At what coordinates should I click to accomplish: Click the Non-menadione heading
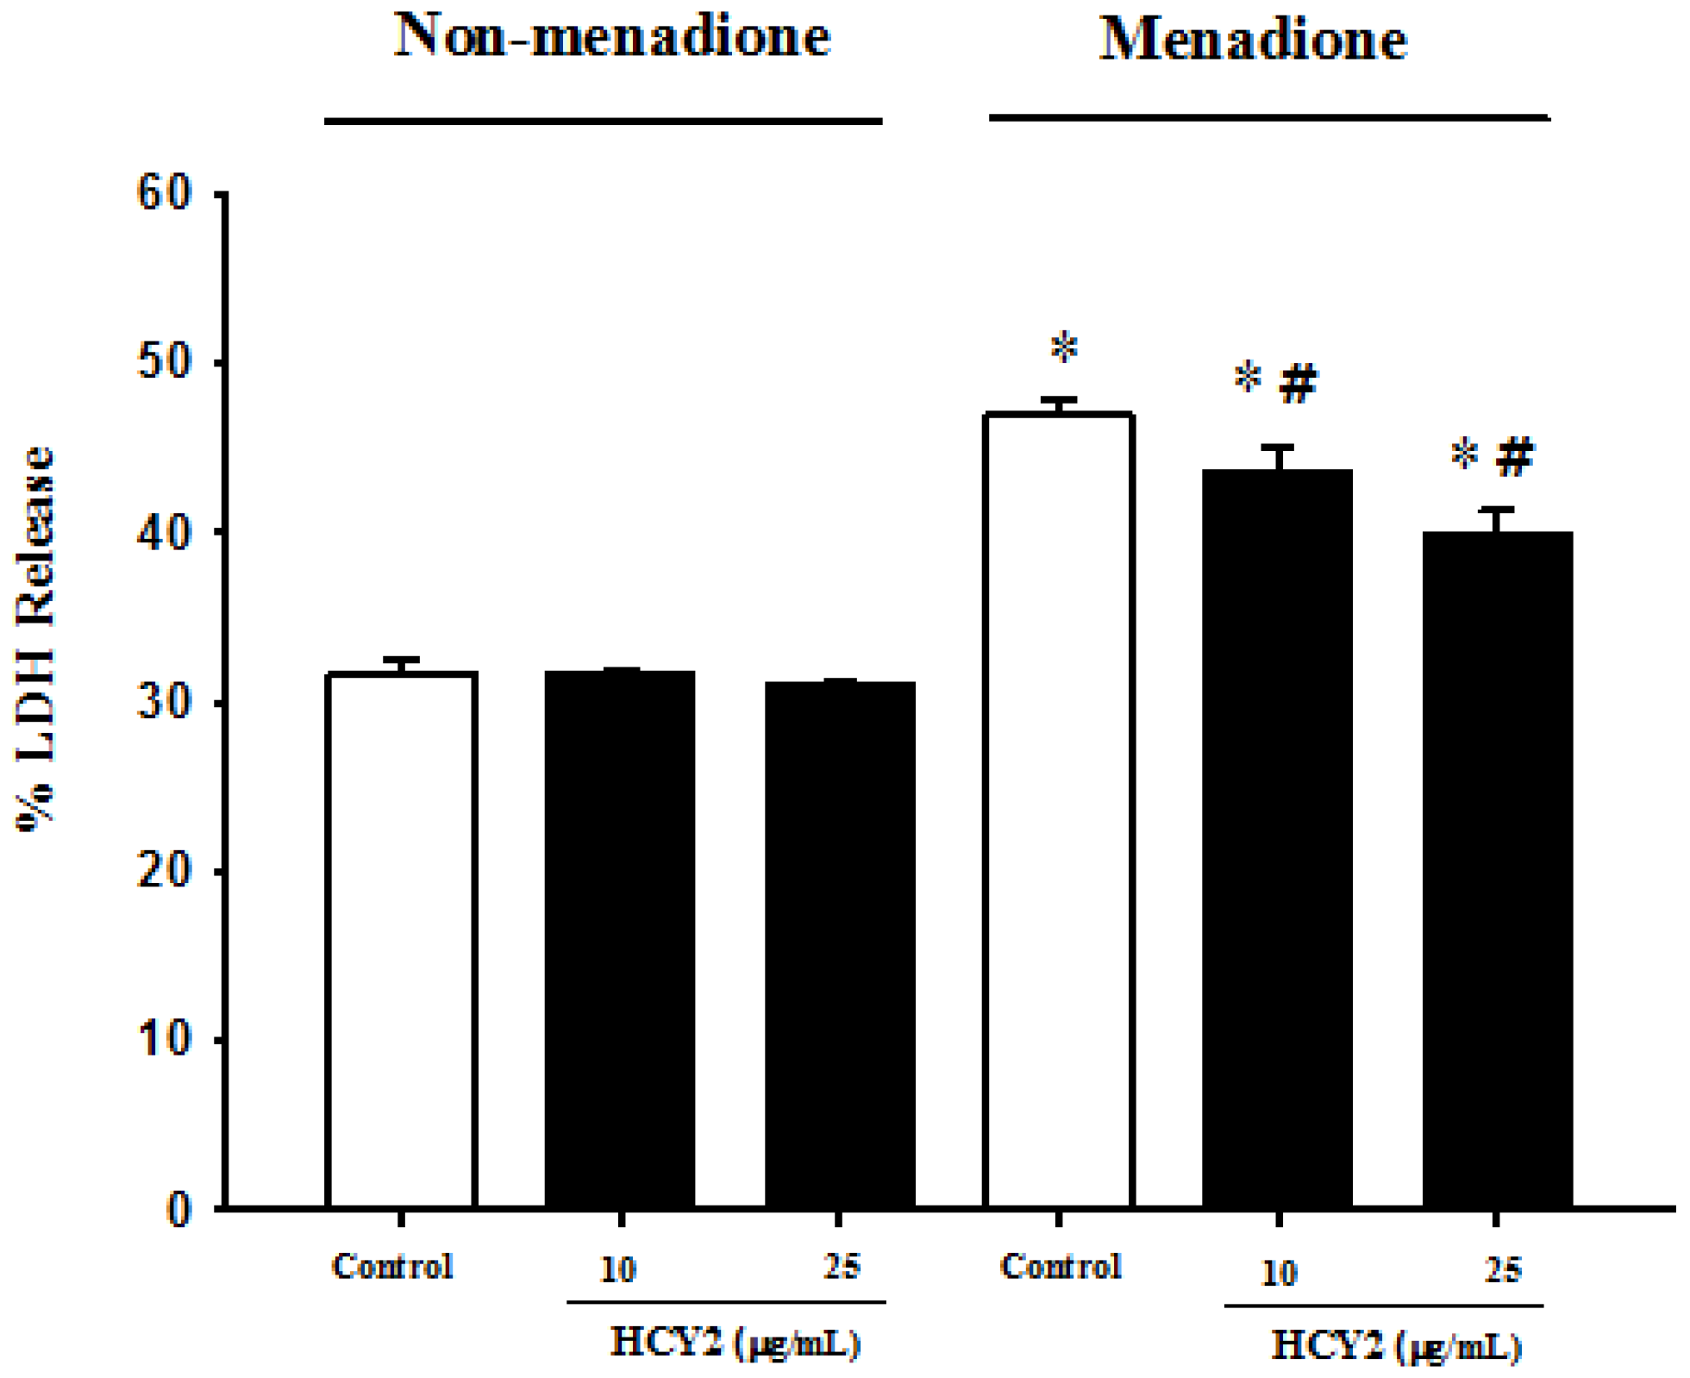(x=612, y=36)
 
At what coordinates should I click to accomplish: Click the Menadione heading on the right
(x=1252, y=40)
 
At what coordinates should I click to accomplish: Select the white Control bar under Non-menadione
(x=402, y=940)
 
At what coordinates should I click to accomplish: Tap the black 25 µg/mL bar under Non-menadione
(x=840, y=944)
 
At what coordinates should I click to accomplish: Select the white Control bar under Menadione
(x=1059, y=811)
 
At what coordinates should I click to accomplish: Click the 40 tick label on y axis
(x=164, y=533)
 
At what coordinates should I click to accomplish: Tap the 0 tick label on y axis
(x=178, y=1209)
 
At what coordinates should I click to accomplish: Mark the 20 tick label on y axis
(x=164, y=871)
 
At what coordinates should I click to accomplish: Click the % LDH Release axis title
(x=36, y=638)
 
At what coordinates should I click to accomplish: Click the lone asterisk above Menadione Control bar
(x=1064, y=348)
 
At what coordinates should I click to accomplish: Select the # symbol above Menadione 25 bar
(x=1515, y=456)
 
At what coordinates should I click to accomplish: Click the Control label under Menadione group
(x=1061, y=1266)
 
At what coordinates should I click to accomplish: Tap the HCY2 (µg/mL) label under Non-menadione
(x=735, y=1342)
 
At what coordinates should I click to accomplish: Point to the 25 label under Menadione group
(x=1502, y=1269)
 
